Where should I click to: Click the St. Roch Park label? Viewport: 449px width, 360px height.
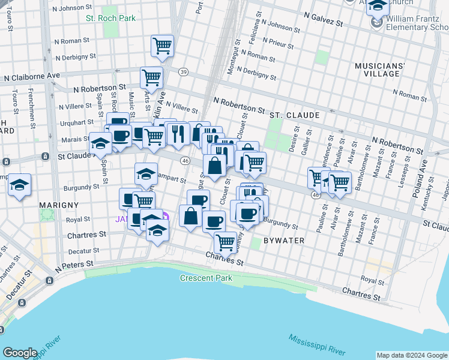(110, 18)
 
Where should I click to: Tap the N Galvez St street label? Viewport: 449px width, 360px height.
(323, 19)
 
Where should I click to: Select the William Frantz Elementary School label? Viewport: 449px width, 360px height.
(417, 23)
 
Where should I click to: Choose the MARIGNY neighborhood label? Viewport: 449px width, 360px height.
(59, 205)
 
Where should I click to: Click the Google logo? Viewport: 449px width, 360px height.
(20, 353)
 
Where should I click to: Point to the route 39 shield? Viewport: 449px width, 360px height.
(183, 72)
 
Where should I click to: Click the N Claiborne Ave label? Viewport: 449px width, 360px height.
(32, 77)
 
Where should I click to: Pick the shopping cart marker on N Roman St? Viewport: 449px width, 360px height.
(163, 46)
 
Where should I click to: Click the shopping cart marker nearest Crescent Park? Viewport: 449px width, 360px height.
(225, 242)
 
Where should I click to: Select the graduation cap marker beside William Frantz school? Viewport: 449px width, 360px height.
(377, 5)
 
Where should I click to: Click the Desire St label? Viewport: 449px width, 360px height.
(294, 140)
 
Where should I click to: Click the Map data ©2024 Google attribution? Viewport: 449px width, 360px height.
(412, 355)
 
